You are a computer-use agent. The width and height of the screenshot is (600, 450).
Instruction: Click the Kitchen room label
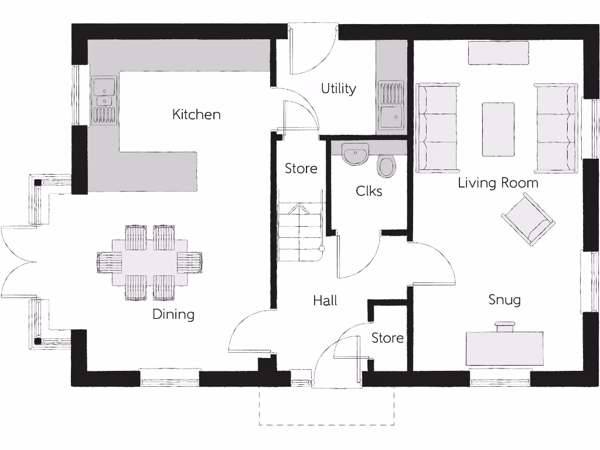pos(196,114)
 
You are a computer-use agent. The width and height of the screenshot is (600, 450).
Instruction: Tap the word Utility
pos(338,89)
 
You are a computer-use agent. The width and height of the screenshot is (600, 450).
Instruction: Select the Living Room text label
pos(497,183)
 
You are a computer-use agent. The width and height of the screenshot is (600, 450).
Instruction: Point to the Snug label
pos(504,300)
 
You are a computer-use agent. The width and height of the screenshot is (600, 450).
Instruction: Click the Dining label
pos(173,314)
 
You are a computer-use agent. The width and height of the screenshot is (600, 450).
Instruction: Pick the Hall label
pos(325,301)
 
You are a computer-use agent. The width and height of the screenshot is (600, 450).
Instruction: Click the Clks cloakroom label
pos(369,191)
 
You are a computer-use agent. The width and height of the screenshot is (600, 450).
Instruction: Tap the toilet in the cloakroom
pos(387,166)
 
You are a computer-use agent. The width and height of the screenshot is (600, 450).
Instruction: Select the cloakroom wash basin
pos(354,156)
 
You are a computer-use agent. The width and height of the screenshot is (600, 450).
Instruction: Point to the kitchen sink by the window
pos(104,100)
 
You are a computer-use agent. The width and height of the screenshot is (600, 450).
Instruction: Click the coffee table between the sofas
pos(498,129)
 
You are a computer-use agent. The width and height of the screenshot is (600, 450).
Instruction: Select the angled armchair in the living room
pos(528,219)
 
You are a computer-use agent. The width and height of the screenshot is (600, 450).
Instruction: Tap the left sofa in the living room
pos(438,128)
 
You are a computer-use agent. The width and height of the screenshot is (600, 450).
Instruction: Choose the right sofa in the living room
pos(555,128)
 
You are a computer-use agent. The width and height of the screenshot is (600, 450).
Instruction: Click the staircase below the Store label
pos(300,232)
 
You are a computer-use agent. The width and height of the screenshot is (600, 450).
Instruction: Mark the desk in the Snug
pos(504,349)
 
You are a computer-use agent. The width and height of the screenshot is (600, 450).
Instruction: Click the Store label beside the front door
pos(387,338)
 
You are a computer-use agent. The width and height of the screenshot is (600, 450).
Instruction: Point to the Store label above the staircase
pos(301,169)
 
